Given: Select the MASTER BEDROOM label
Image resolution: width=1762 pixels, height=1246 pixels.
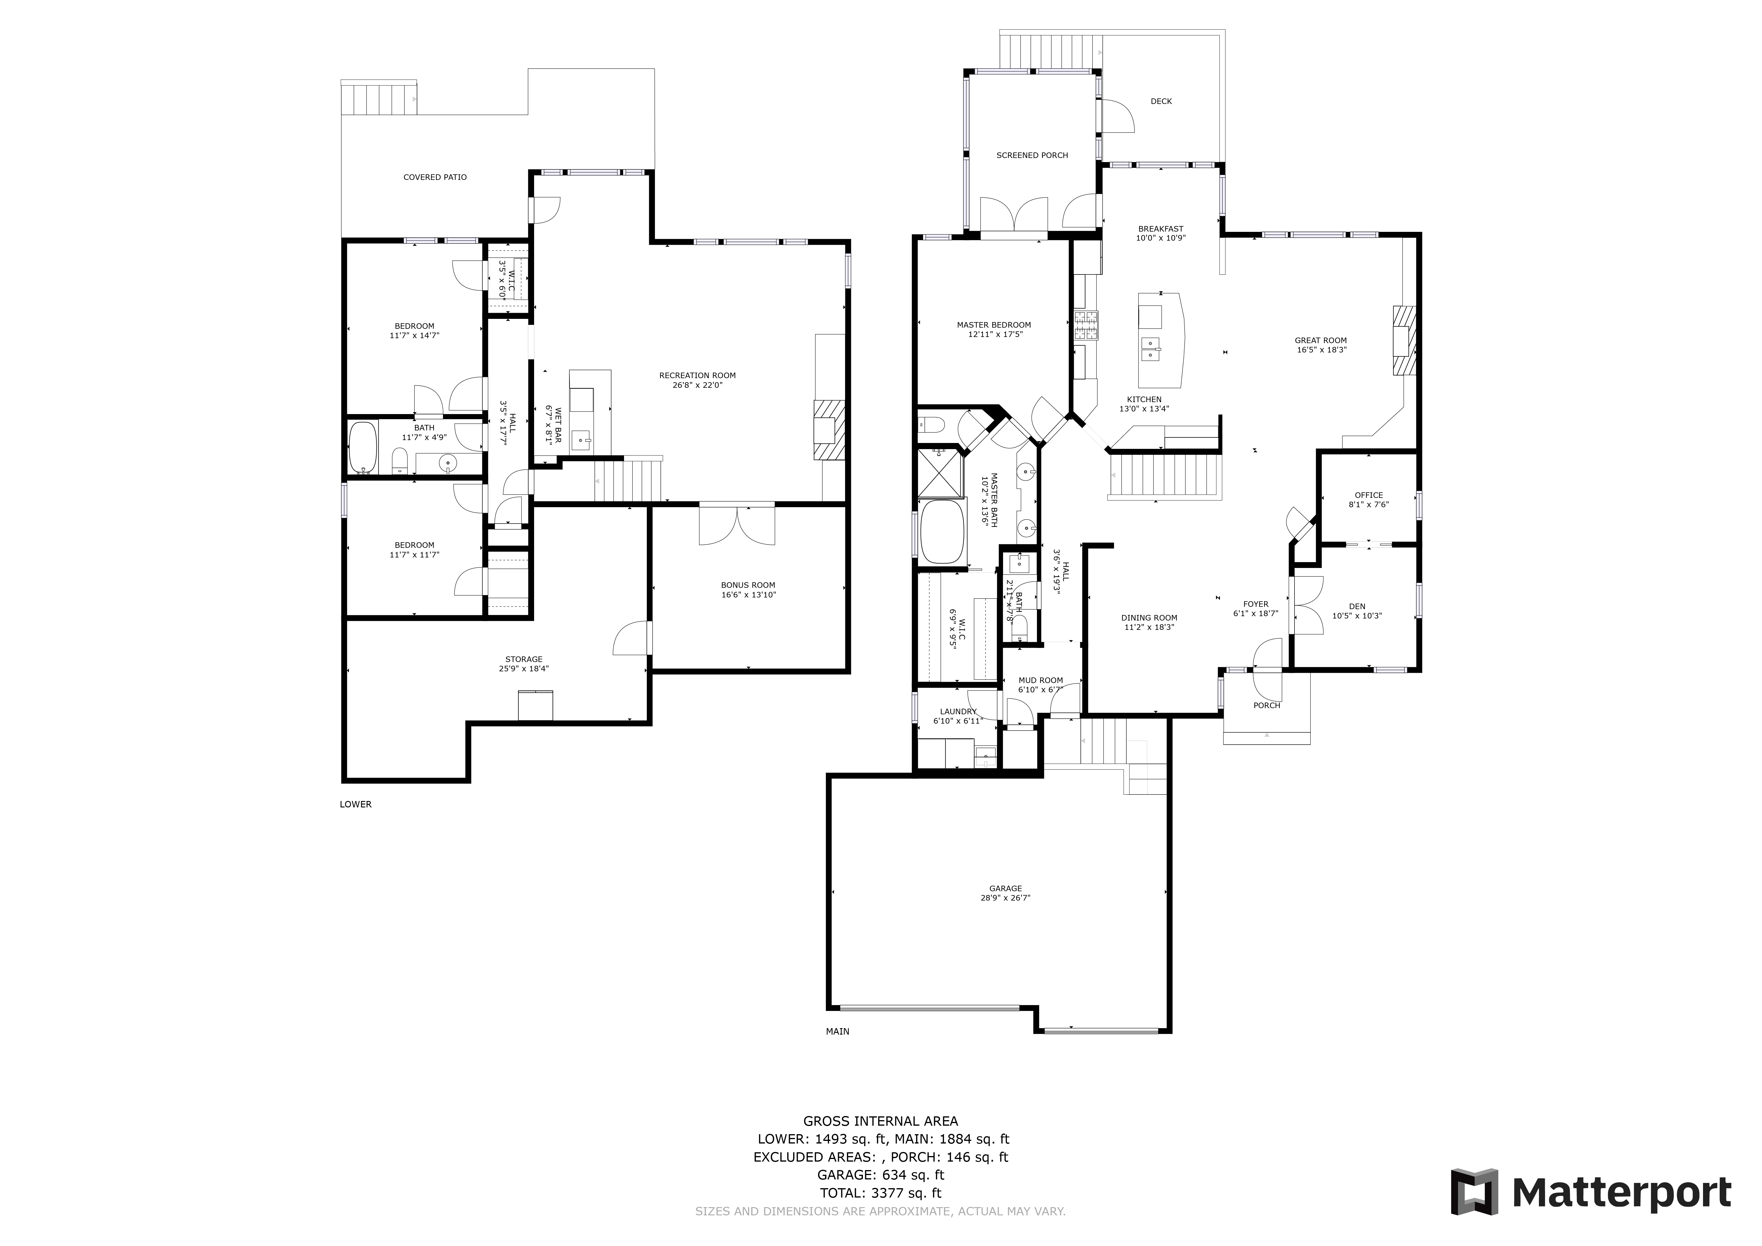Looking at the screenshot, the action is pyautogui.click(x=994, y=325).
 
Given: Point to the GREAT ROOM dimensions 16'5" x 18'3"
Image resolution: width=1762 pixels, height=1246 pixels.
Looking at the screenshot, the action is pyautogui.click(x=1322, y=350).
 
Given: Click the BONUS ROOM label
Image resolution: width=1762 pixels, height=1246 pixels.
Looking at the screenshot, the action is pyautogui.click(x=748, y=585).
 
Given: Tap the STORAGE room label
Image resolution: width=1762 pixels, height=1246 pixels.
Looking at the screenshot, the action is pyautogui.click(x=524, y=660).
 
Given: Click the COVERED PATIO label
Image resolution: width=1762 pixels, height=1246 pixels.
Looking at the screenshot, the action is pyautogui.click(x=435, y=177).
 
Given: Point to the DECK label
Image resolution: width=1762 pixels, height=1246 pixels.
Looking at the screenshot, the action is pyautogui.click(x=1161, y=101).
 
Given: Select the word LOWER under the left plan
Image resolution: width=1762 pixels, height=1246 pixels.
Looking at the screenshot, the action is pyautogui.click(x=355, y=805).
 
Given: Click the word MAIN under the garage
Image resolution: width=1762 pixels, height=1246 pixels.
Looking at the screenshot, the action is pyautogui.click(x=837, y=1032).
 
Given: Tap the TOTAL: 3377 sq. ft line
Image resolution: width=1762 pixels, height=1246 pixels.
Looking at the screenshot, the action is pyautogui.click(x=880, y=1193).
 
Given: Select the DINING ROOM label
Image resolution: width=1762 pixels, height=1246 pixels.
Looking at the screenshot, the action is pyautogui.click(x=1149, y=618).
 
